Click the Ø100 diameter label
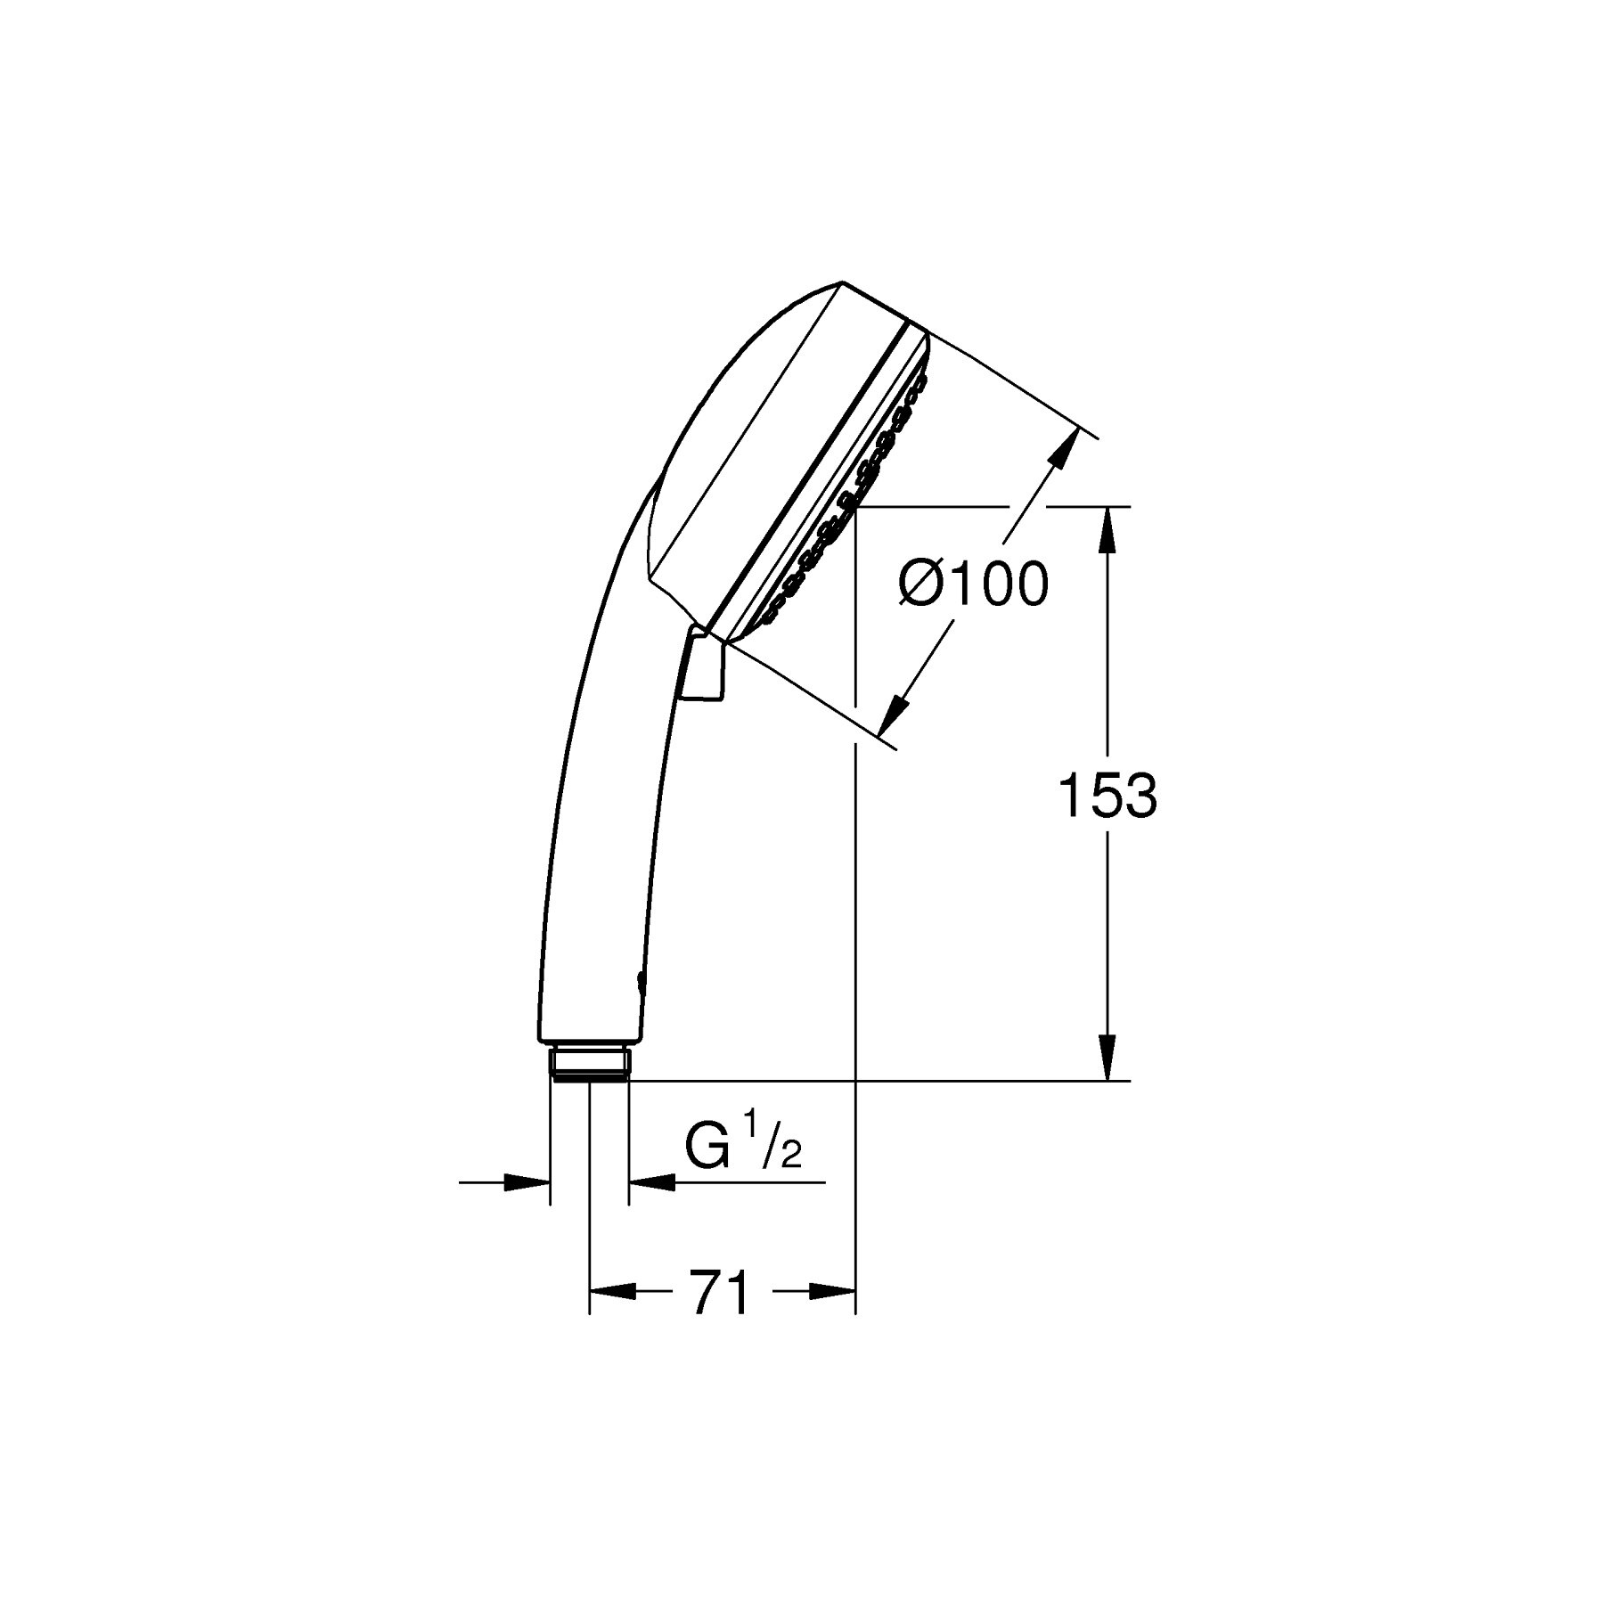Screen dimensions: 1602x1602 click(973, 585)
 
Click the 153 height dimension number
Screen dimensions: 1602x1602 click(1107, 796)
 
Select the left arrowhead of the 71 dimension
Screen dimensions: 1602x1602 click(613, 1291)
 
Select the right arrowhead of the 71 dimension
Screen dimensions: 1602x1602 click(832, 1291)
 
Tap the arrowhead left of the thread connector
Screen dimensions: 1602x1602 click(526, 1182)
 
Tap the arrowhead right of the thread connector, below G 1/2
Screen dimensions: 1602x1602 click(652, 1182)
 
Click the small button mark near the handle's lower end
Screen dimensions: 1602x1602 click(641, 981)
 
